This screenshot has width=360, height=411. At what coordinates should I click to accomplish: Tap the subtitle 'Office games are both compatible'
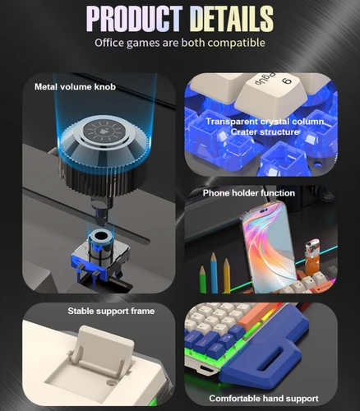(x=180, y=42)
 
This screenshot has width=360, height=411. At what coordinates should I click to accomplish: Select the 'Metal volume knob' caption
(x=74, y=86)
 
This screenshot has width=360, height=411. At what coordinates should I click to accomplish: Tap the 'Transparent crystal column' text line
(x=265, y=122)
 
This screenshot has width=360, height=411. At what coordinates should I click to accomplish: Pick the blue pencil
(x=201, y=276)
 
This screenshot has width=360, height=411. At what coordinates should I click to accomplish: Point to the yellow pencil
(x=227, y=275)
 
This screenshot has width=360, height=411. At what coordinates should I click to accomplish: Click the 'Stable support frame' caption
(x=110, y=312)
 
